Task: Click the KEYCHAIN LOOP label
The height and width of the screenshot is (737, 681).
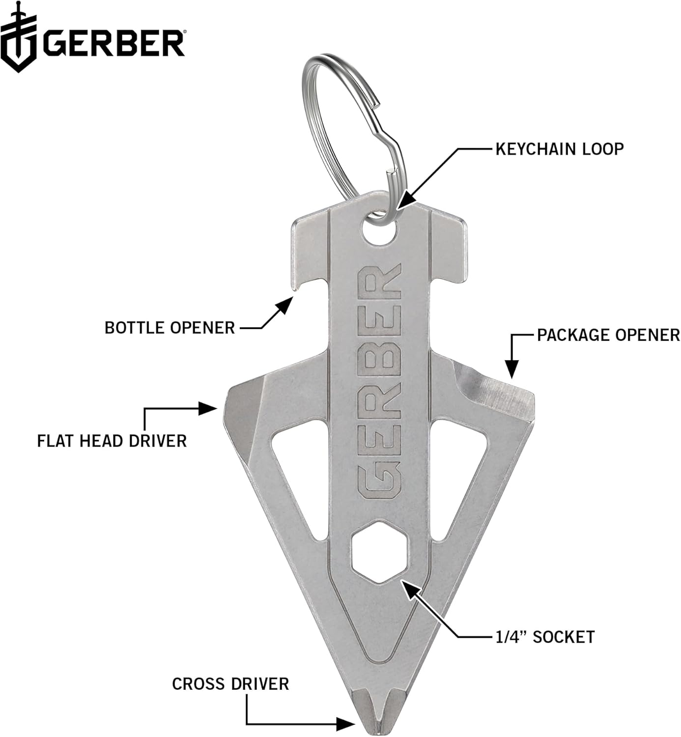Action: tap(559, 148)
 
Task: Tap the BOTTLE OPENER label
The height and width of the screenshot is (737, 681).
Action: tap(170, 327)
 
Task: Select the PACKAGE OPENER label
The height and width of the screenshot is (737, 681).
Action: tap(608, 335)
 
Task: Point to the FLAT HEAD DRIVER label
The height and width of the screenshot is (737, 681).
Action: tap(112, 440)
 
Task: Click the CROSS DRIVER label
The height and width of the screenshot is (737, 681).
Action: tap(230, 684)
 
